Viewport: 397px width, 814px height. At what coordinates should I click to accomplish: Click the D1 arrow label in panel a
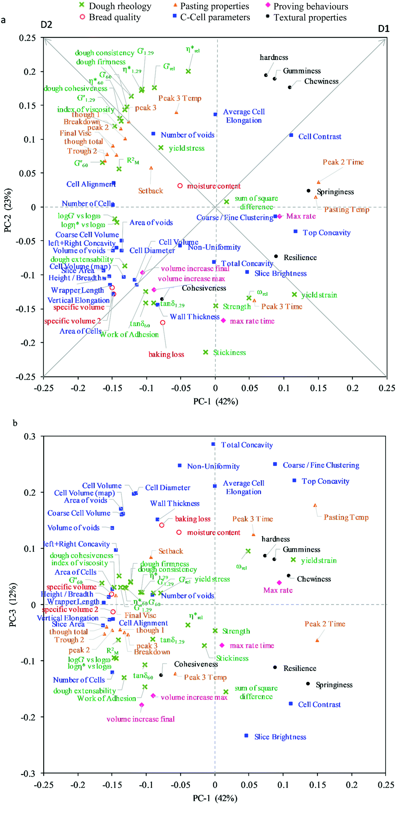384,29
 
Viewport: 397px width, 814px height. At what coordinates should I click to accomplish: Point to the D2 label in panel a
46,25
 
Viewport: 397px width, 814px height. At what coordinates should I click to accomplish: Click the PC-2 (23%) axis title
8,210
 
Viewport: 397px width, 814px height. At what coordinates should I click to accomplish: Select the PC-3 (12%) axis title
12,605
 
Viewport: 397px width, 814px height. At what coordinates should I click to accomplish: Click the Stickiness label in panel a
229,353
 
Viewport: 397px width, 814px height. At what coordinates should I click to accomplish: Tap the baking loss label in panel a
166,354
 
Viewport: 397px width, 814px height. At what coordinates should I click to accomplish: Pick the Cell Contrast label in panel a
320,137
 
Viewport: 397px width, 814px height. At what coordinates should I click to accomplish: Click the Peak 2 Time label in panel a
343,162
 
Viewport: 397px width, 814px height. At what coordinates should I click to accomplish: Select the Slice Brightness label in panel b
280,737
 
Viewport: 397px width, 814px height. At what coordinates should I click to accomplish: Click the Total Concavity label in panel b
247,445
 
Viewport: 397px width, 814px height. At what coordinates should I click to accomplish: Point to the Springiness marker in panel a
309,191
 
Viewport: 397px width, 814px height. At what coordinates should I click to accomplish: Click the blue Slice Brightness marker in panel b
246,736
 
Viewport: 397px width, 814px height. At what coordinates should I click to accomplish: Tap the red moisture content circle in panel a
180,186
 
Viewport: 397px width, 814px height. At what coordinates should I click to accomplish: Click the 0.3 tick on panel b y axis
29,436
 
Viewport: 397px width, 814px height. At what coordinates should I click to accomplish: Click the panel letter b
15,423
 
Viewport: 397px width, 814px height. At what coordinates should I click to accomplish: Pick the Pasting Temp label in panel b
346,517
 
